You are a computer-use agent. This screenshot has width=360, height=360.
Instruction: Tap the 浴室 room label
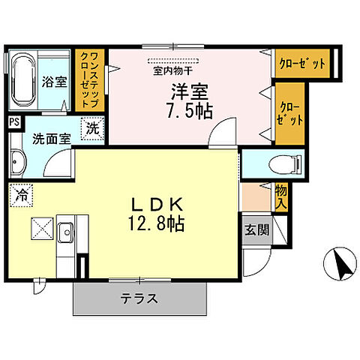click(55, 82)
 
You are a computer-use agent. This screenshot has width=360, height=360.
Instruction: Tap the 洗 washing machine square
click(91, 128)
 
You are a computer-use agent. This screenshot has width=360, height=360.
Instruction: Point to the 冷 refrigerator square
click(22, 196)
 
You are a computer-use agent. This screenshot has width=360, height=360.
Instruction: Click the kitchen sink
click(65, 232)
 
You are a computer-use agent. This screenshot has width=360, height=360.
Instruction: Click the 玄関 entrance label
click(252, 231)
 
